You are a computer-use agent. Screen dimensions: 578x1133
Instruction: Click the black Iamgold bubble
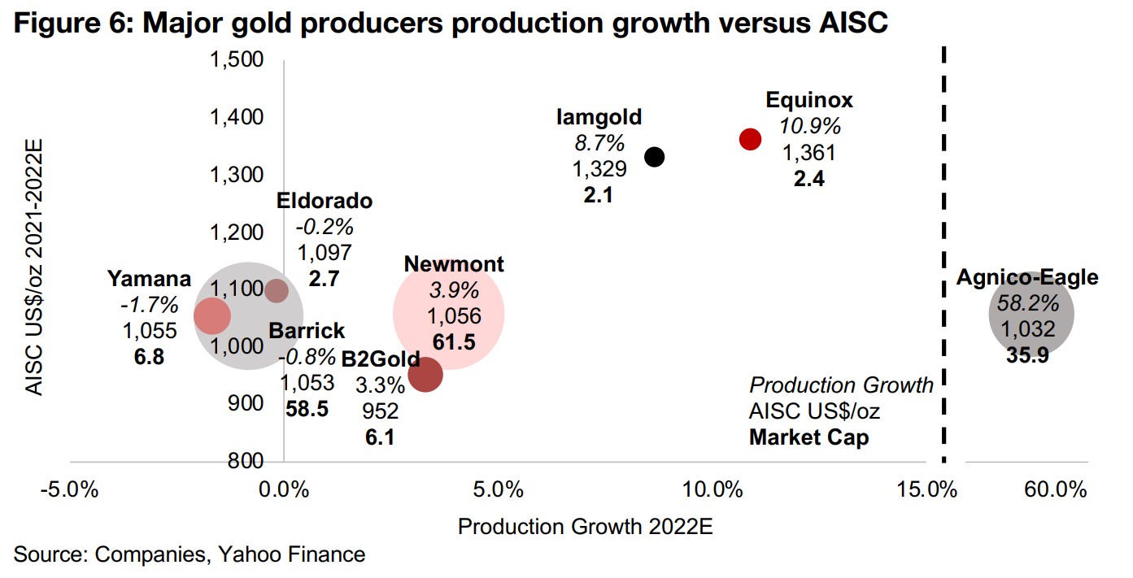[x=654, y=157]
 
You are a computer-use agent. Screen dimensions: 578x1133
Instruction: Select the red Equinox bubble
[x=750, y=139]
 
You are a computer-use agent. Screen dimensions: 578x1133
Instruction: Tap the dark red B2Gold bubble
[x=425, y=375]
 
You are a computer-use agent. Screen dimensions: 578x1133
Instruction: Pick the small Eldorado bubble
[x=277, y=290]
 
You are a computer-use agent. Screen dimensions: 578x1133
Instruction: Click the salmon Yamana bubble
[x=212, y=315]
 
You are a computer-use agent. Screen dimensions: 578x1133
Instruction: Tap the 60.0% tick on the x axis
[x=1056, y=490]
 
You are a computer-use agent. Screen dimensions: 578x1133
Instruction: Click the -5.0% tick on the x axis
[x=70, y=490]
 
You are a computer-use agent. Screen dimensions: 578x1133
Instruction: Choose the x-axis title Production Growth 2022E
[x=585, y=527]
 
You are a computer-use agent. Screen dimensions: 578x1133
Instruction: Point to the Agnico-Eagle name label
[x=1026, y=277]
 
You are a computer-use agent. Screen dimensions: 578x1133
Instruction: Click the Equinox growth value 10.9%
[x=809, y=127]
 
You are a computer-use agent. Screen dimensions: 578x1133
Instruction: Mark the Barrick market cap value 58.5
[x=307, y=409]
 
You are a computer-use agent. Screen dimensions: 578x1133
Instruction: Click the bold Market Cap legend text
[x=808, y=437]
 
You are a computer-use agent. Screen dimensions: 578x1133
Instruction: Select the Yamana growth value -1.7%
[x=149, y=305]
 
